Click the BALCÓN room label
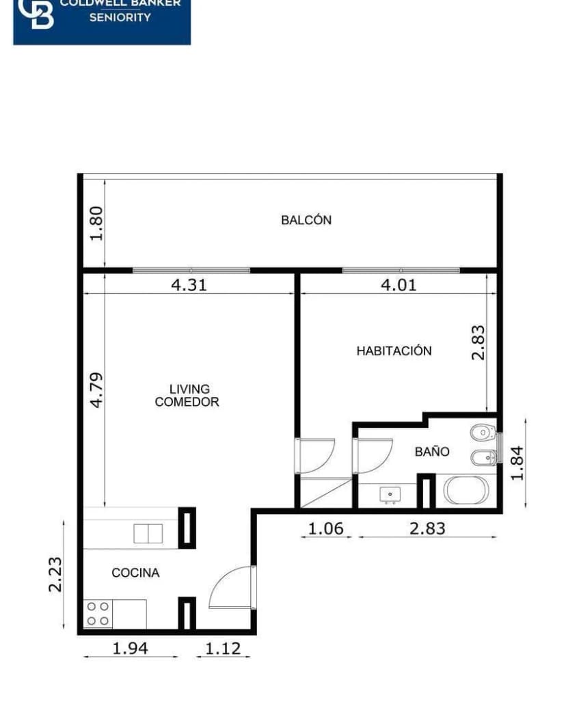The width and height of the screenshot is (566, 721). click(306, 220)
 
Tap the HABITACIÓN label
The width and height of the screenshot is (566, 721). click(394, 351)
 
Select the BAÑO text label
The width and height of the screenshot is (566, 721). click(432, 452)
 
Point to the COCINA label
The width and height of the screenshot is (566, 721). click(135, 573)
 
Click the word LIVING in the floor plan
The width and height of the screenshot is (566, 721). click(189, 389)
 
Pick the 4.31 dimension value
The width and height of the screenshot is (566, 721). click(188, 285)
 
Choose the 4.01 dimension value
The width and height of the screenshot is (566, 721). click(399, 285)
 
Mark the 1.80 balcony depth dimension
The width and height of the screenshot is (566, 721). click(96, 223)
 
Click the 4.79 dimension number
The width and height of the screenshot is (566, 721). click(96, 390)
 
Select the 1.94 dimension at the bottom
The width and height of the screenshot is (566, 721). click(130, 648)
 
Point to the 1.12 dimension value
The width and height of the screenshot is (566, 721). click(223, 648)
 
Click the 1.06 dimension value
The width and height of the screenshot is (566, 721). click(325, 528)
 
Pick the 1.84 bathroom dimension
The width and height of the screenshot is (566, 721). click(517, 463)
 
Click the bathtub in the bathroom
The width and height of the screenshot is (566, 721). click(466, 491)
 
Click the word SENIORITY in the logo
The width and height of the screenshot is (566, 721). click(120, 17)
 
